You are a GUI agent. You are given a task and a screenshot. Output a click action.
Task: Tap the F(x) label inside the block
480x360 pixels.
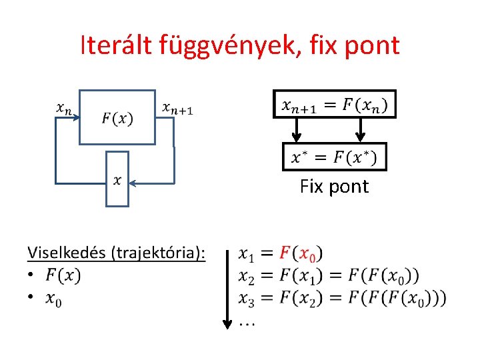(x=117, y=119)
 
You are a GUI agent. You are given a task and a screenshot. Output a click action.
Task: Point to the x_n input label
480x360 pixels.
(x=65, y=108)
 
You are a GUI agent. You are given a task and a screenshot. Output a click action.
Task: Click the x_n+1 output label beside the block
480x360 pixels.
(x=178, y=107)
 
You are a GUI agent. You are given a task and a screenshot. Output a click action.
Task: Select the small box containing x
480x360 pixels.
(x=117, y=179)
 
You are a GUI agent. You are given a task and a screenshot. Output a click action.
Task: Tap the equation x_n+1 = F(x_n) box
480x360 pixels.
(x=335, y=105)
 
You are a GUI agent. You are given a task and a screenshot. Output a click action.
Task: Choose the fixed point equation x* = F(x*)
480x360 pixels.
(x=335, y=157)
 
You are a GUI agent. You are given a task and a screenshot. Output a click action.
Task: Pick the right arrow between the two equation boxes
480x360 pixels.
(x=361, y=131)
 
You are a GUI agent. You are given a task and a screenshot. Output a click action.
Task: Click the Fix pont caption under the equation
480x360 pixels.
(x=334, y=187)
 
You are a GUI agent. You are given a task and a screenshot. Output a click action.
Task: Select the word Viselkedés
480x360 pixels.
(x=67, y=253)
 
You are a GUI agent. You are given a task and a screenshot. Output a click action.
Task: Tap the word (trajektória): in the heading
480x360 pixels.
(x=158, y=253)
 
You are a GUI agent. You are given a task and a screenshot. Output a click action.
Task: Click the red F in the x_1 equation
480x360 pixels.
(x=285, y=253)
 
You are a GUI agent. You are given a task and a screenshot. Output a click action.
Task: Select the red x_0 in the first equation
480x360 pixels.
(x=308, y=255)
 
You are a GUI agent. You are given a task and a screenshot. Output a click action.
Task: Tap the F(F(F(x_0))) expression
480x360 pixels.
(x=397, y=298)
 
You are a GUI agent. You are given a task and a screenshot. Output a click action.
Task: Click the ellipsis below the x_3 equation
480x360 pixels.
(x=247, y=323)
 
